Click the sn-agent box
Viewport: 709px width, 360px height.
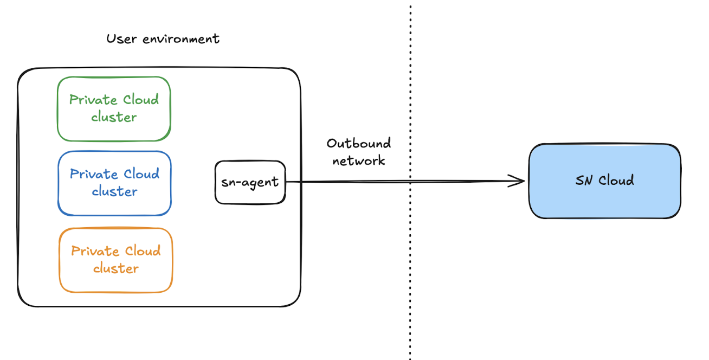pyautogui.click(x=250, y=182)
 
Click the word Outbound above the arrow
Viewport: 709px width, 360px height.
pyautogui.click(x=359, y=144)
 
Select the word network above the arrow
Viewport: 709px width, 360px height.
pyautogui.click(x=358, y=160)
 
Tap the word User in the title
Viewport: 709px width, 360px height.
pyautogui.click(x=120, y=39)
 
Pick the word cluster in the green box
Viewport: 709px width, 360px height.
pyautogui.click(x=114, y=117)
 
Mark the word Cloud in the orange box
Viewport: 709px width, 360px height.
pyautogui.click(x=143, y=251)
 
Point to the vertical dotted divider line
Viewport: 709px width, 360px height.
pyautogui.click(x=410, y=271)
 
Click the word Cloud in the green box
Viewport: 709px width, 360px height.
pyautogui.click(x=141, y=100)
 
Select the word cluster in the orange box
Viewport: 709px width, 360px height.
pyautogui.click(x=115, y=268)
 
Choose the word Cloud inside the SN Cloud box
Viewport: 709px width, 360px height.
pyautogui.click(x=617, y=181)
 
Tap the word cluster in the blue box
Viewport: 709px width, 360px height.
pyautogui.click(x=114, y=191)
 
